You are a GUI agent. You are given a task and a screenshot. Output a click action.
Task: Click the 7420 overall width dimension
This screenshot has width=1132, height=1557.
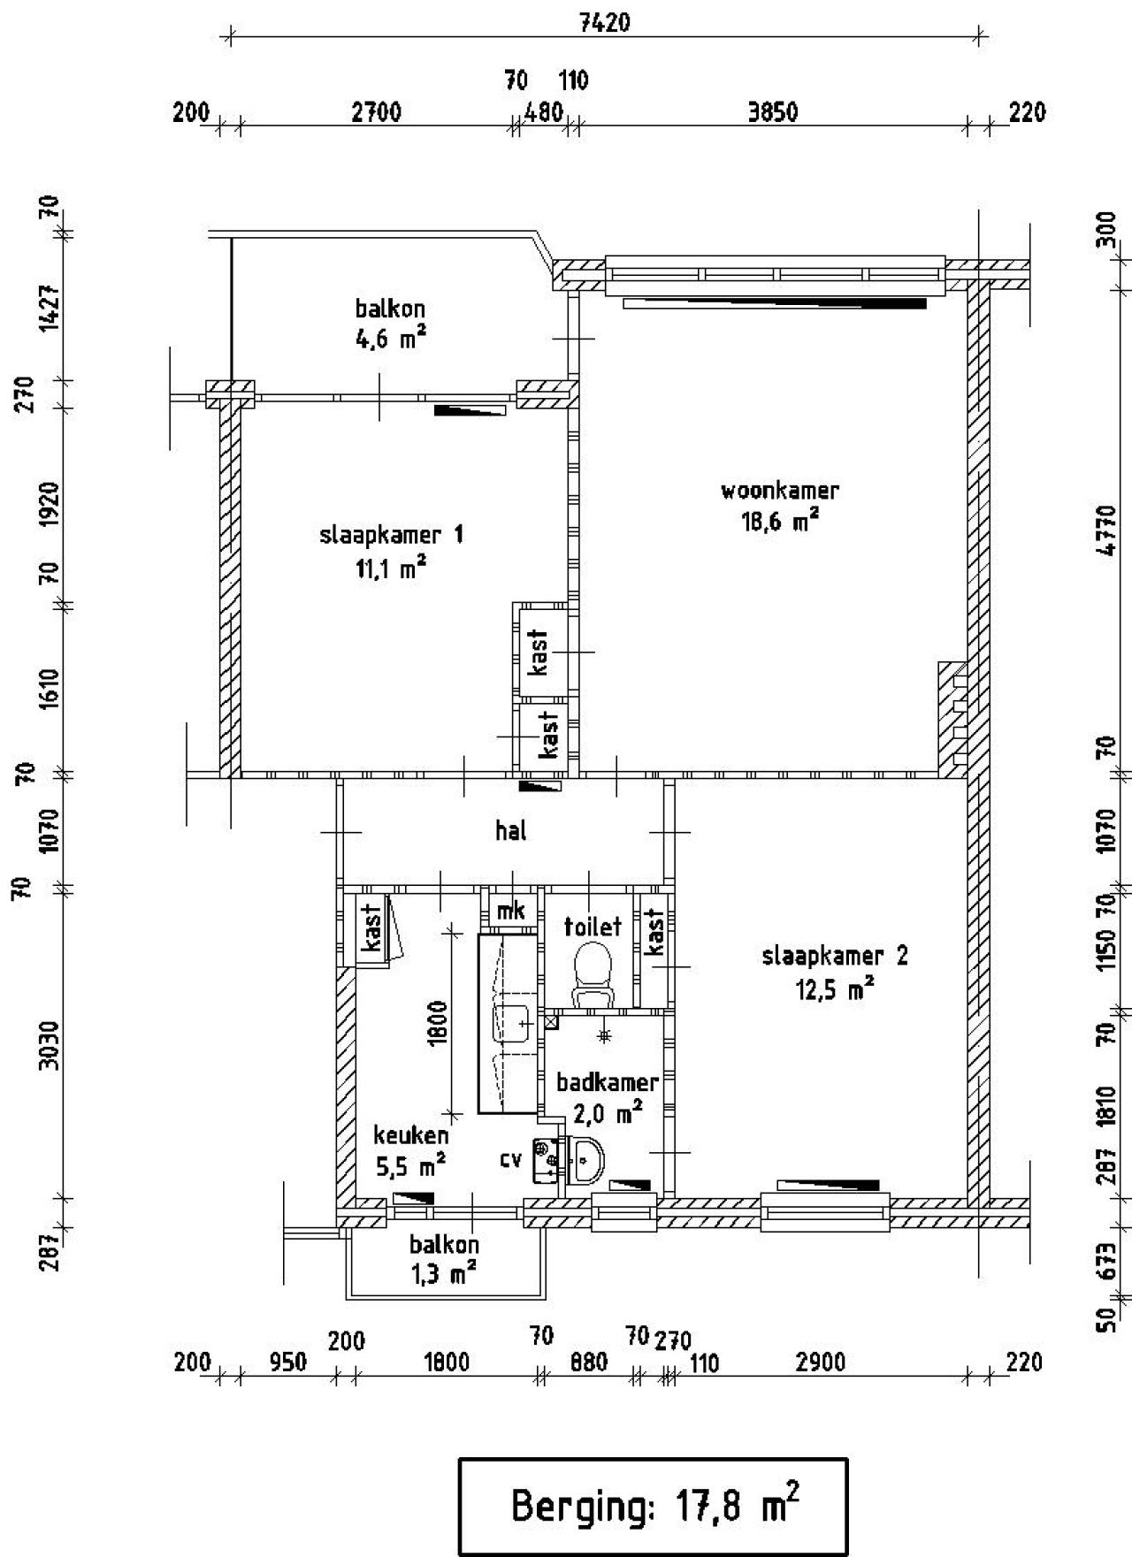coord(605,22)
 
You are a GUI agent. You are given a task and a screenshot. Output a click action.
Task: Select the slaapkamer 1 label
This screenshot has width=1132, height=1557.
coord(391,535)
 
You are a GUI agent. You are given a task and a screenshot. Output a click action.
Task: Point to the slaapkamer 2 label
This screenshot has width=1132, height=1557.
coord(835,956)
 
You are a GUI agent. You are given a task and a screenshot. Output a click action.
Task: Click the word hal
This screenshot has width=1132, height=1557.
coord(511,830)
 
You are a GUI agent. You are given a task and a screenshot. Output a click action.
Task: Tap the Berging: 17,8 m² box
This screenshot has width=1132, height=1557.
coord(653,1506)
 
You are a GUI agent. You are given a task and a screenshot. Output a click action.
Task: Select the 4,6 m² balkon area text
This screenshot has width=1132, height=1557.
coord(391,338)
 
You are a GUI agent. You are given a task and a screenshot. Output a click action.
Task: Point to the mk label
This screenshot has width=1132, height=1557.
coord(511,910)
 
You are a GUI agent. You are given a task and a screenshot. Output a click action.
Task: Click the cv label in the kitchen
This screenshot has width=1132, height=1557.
coord(510,1158)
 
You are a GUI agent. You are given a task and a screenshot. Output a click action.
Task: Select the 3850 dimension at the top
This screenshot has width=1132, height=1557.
coord(772,112)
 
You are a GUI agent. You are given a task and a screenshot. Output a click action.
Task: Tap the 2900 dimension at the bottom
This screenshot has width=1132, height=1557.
coord(820,1362)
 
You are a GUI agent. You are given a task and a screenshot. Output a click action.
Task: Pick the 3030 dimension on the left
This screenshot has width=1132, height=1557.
coord(50,1044)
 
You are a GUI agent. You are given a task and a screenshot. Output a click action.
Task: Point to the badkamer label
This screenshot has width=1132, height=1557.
coord(607,1082)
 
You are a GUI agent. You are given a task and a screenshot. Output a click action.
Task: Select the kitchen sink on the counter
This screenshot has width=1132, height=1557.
coord(509,1023)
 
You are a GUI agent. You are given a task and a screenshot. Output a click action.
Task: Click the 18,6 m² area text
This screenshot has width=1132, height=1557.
coord(779,522)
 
